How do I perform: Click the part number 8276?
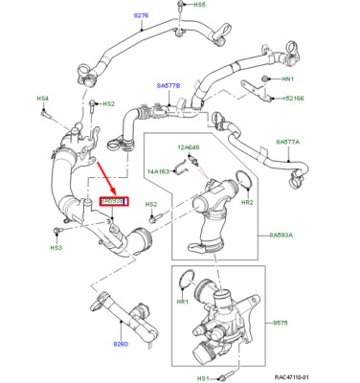tap(142, 16)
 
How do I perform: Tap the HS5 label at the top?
tap(200, 6)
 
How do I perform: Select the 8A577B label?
tap(168, 85)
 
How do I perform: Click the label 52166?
tap(293, 99)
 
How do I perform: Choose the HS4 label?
tap(42, 99)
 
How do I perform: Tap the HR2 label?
tap(246, 203)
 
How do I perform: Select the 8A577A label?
tap(287, 142)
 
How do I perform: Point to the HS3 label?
tap(56, 248)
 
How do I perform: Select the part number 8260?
tap(121, 343)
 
